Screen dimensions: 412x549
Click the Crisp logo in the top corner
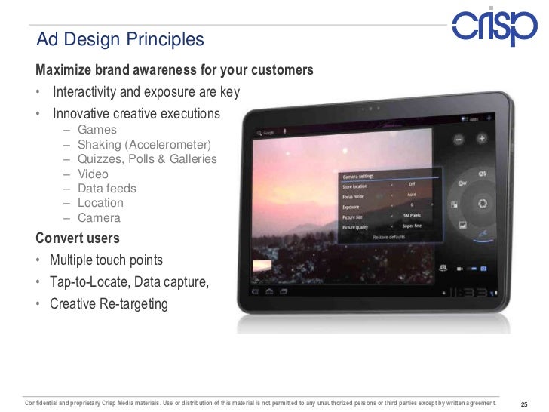pos(494,28)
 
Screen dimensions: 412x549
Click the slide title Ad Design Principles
pos(121,38)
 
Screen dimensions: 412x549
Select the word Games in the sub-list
pos(97,129)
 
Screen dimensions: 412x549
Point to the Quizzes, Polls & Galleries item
pos(147,158)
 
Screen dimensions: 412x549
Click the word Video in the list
pos(93,174)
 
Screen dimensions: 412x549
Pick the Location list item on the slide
pos(100,202)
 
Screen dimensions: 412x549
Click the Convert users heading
pos(78,238)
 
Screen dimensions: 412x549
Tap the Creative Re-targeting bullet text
pos(109,304)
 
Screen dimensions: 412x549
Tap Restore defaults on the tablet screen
pos(389,236)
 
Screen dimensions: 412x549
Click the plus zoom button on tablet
pos(481,140)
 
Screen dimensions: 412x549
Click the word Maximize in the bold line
pos(63,70)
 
